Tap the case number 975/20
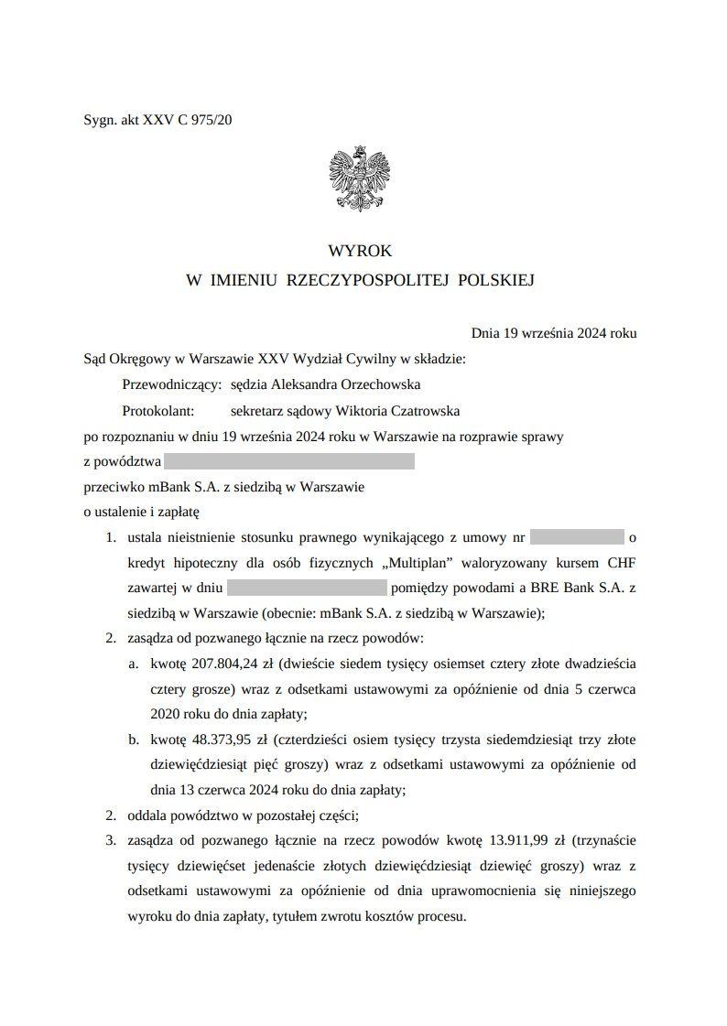pos(212,120)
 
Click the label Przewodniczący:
pos(171,385)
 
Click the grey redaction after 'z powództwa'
pos(288,461)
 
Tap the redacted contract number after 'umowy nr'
pos(576,537)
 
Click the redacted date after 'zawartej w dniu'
pos(308,588)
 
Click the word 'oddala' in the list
pos(147,815)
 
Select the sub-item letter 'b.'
pos(134,739)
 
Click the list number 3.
pos(110,839)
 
